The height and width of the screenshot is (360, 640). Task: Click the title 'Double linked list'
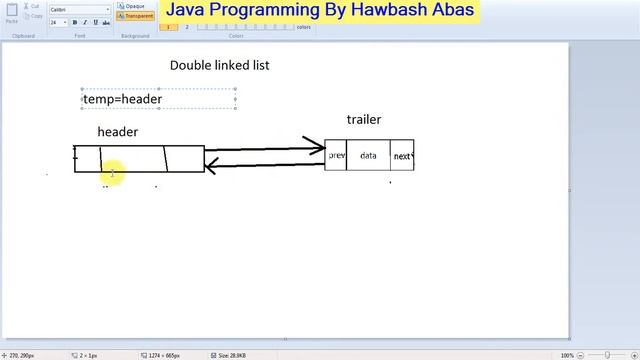click(x=219, y=65)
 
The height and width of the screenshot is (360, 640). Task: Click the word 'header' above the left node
click(x=117, y=132)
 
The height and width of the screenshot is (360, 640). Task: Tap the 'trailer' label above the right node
click(x=363, y=120)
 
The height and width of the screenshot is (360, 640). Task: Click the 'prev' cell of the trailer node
click(x=336, y=155)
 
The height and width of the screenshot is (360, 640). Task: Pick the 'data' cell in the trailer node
click(x=368, y=155)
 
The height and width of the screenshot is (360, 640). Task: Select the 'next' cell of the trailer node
click(x=402, y=156)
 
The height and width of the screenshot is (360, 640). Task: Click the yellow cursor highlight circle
click(x=112, y=174)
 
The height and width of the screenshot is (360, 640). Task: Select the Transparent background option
click(x=135, y=16)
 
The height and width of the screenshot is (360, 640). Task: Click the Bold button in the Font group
click(x=74, y=22)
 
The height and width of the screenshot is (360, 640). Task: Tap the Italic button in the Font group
click(x=83, y=22)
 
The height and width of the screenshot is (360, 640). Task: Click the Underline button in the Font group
click(x=92, y=22)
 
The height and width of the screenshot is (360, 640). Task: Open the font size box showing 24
click(x=57, y=22)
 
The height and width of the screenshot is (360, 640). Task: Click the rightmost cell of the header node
click(x=184, y=159)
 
